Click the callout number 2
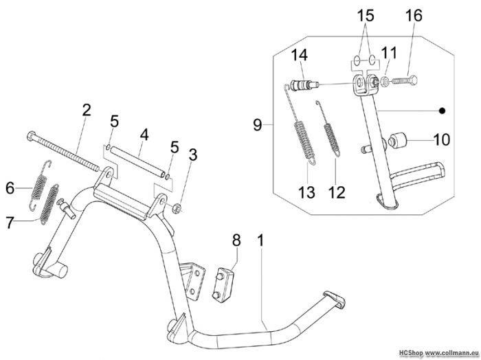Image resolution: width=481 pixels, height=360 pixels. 87,111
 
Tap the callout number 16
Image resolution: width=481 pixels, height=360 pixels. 414,16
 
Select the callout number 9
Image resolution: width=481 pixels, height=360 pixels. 258,125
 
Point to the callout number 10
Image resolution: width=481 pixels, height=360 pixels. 442,139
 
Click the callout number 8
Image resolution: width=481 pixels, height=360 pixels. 236,240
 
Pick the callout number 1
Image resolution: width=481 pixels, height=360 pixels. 260,240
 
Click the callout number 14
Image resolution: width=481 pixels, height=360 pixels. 299,55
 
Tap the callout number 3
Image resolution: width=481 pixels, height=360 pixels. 193,155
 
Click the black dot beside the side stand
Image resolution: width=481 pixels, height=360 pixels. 441,111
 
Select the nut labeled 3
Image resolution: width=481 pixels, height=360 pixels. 177,208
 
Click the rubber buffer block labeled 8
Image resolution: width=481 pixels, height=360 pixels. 223,284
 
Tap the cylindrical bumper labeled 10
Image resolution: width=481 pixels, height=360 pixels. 397,141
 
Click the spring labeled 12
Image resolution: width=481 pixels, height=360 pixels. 329,128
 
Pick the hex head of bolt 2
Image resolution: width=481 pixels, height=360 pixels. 32,135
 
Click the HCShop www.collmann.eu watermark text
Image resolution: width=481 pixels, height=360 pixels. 438,352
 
